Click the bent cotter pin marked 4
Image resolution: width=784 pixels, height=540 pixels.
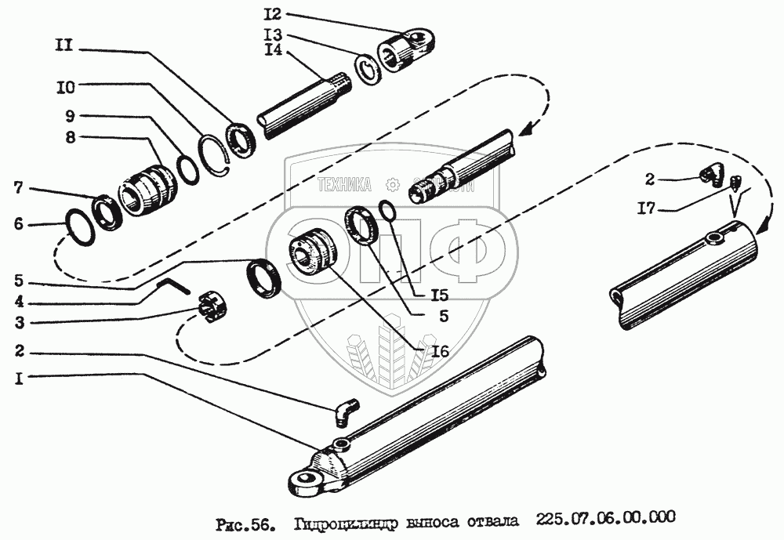[174, 287]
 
